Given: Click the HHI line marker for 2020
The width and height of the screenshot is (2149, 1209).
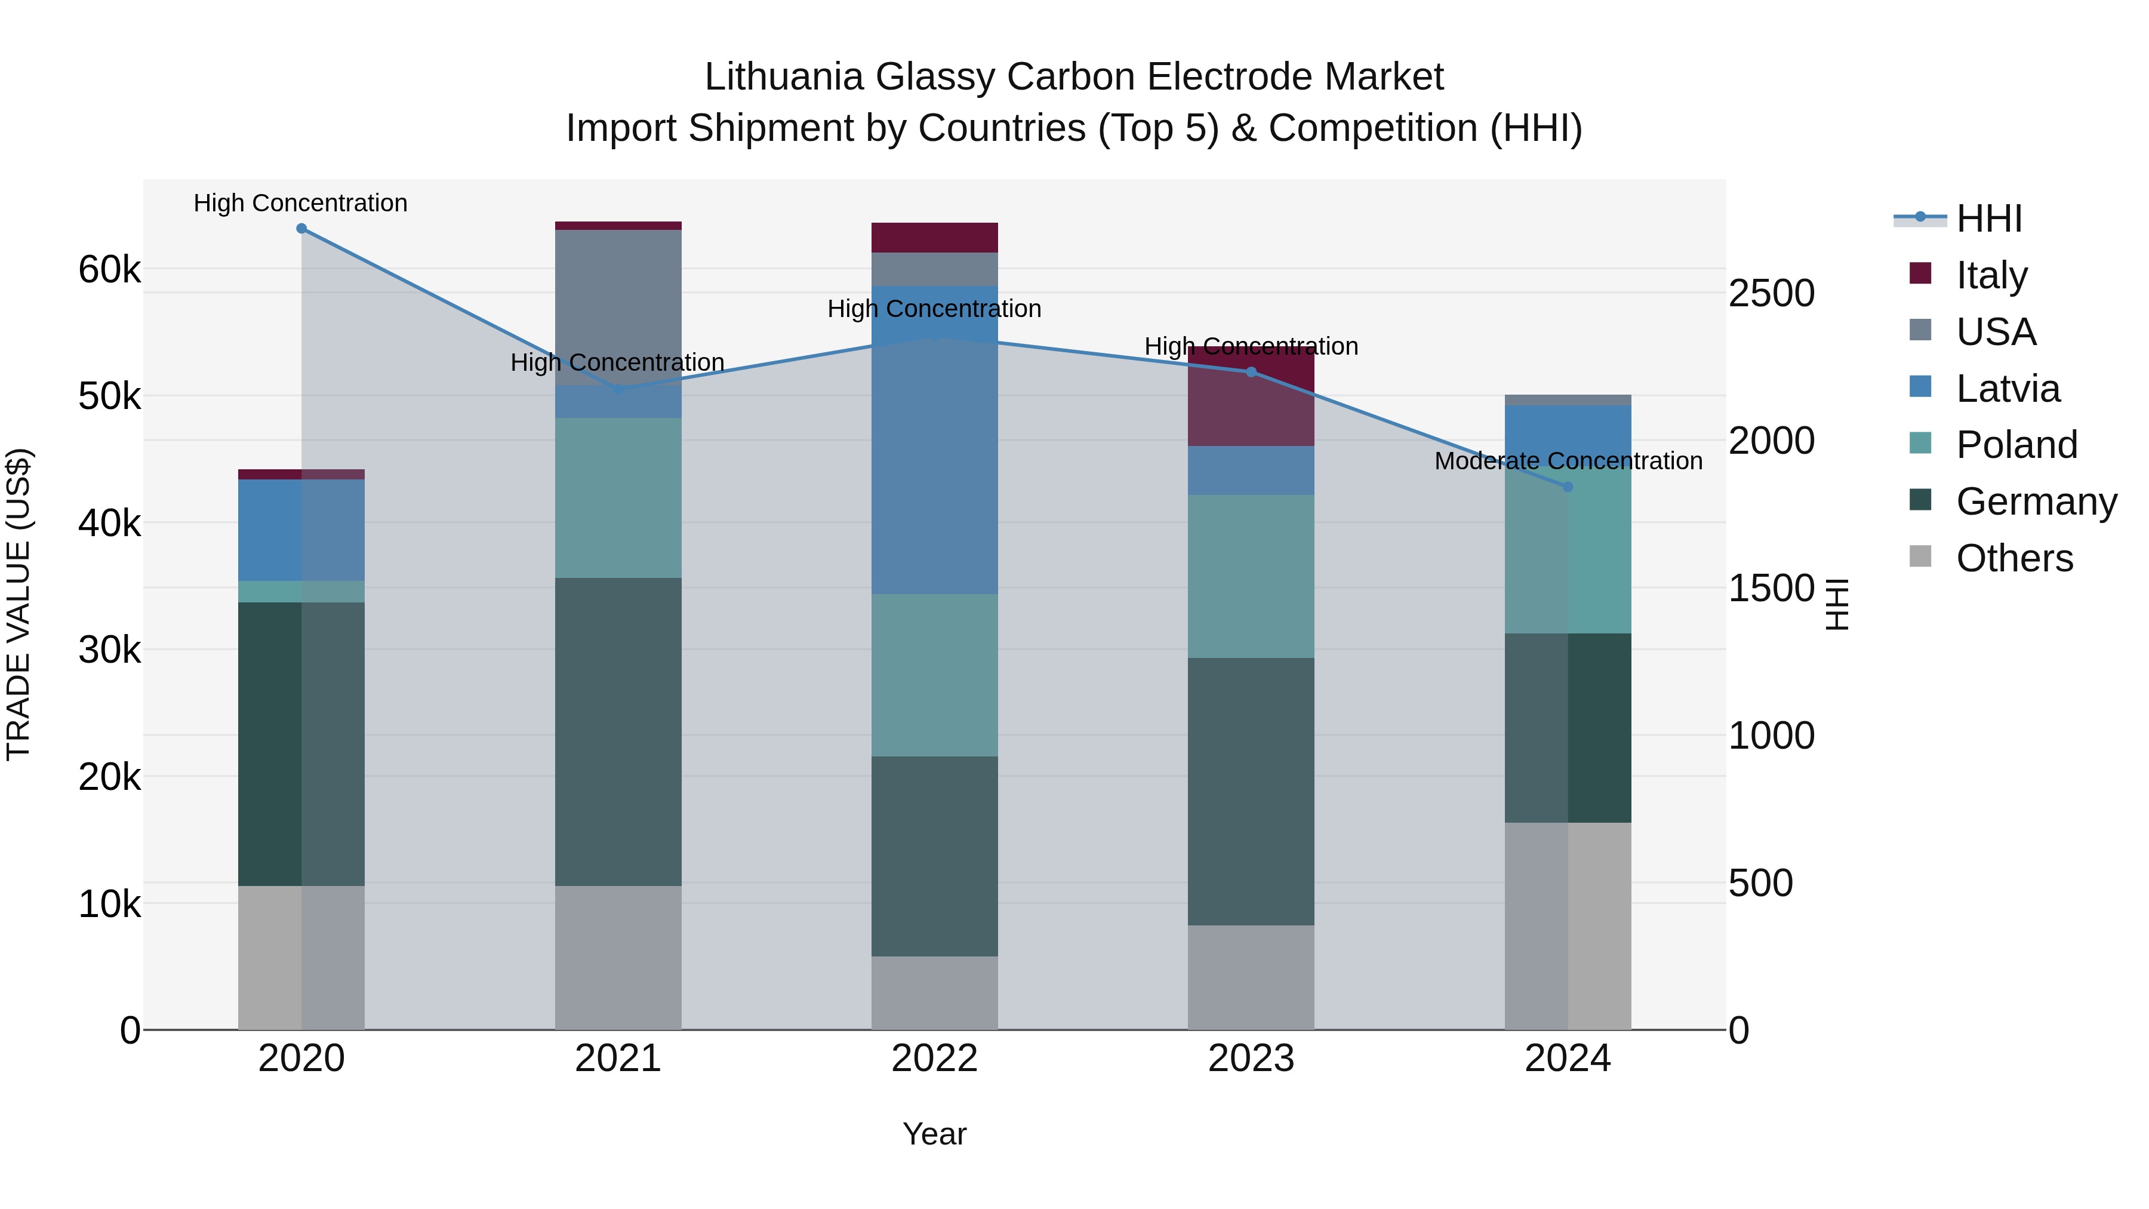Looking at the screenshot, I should pos(301,229).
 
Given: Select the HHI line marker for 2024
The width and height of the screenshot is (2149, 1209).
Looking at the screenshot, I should pos(1568,487).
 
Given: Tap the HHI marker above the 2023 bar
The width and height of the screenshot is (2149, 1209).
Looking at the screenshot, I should pos(1251,372).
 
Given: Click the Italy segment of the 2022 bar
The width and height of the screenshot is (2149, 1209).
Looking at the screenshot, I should pos(934,238).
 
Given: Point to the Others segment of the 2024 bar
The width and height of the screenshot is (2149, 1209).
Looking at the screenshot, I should pos(1568,926).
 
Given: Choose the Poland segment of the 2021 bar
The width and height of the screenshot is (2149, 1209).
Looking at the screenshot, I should pos(618,497).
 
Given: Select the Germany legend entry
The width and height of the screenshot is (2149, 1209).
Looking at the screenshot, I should pos(2036,502).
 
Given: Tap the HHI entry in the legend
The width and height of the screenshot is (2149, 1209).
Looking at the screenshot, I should pos(1989,219).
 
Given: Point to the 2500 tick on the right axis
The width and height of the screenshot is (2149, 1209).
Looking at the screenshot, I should pos(1771,294).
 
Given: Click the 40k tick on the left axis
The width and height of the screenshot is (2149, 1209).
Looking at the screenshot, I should pos(109,524).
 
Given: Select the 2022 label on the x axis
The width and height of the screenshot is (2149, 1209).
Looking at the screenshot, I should pos(934,1059).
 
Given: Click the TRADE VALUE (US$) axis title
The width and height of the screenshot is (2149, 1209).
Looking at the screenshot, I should pos(19,604).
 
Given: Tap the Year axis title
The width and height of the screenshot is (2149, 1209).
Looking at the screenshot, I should pos(934,1134).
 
